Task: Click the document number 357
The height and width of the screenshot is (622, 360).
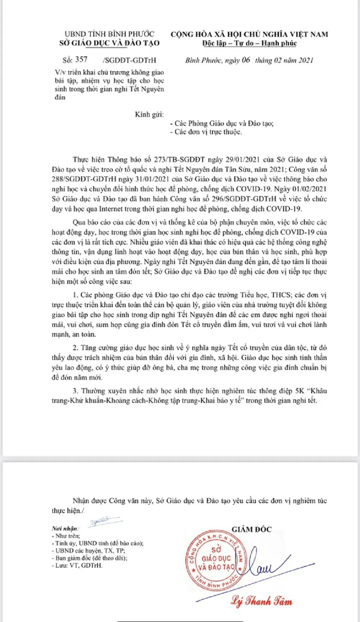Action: coord(81,60)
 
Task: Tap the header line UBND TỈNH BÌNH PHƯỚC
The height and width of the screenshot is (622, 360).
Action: coord(109,34)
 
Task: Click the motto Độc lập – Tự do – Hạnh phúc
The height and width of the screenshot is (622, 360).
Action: coord(249,44)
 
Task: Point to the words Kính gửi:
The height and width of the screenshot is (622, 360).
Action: coord(149,115)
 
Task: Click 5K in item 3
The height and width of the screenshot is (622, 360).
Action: coord(300,391)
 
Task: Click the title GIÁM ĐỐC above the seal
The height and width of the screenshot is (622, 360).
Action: coord(252,529)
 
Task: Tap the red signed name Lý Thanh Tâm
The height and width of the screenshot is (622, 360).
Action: coord(262,601)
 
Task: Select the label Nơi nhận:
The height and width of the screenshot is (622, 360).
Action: coord(65,528)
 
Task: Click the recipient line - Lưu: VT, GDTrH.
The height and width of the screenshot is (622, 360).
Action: coord(77,566)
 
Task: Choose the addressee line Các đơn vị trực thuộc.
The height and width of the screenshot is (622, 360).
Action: coord(206,132)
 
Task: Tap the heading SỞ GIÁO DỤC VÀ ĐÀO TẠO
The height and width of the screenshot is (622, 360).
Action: coord(109,43)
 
